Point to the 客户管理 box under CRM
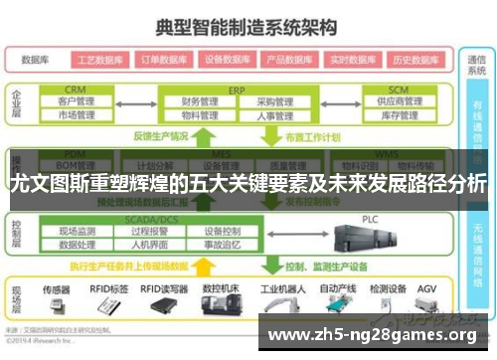pyautogui.click(x=76, y=101)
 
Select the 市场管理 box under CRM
pyautogui.click(x=76, y=115)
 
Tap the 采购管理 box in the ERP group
pyautogui.click(x=270, y=101)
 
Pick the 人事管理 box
pyautogui.click(x=270, y=115)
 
